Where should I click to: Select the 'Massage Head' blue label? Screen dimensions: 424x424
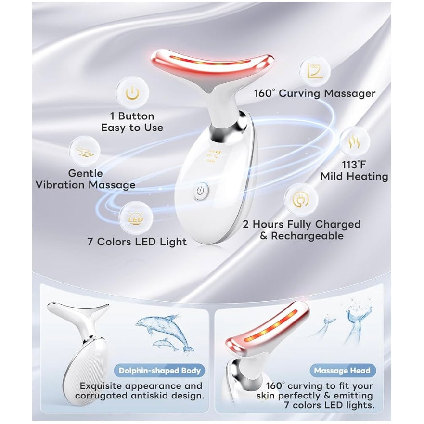(x=342, y=371)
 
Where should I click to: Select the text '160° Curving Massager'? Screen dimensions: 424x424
(x=314, y=93)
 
